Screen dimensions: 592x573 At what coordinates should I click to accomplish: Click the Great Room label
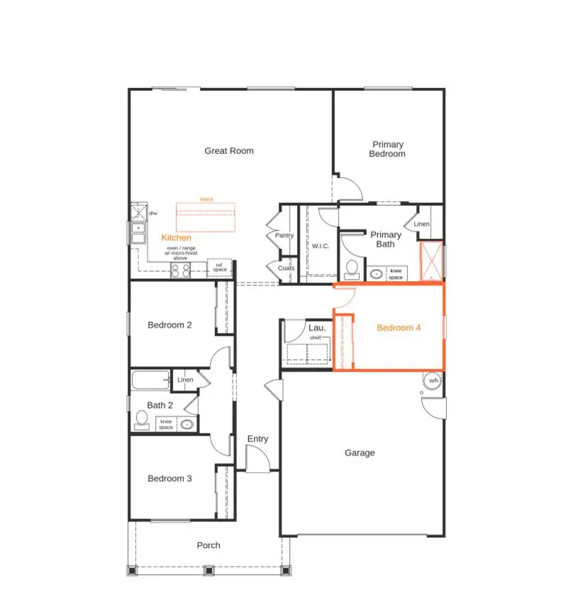[229, 150]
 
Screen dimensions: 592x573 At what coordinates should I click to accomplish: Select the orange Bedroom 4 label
[399, 327]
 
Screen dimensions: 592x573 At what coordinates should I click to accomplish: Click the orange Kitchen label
[176, 237]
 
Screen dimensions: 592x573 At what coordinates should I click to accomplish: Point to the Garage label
[360, 453]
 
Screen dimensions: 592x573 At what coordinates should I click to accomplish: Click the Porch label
[208, 545]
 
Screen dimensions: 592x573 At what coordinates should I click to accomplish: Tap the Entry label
[257, 439]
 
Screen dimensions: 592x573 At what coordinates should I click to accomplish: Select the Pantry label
[284, 235]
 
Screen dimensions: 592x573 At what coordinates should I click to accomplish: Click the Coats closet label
[286, 268]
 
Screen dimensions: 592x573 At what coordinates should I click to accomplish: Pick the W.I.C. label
[321, 246]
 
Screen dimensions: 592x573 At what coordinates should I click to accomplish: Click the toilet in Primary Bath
[351, 268]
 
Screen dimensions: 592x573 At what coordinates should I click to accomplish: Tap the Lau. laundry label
[316, 328]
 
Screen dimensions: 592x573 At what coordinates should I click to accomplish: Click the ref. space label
[221, 268]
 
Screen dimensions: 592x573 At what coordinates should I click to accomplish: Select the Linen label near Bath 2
[185, 380]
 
